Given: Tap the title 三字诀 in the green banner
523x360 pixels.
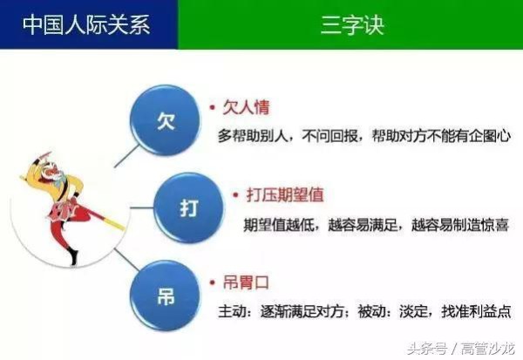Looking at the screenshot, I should pyautogui.click(x=351, y=24).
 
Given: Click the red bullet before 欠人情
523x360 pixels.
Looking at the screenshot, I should pyautogui.click(x=212, y=108).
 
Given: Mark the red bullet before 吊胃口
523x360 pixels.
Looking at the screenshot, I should pyautogui.click(x=212, y=282).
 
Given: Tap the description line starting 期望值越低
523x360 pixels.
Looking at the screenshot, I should pyautogui.click(x=376, y=225).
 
